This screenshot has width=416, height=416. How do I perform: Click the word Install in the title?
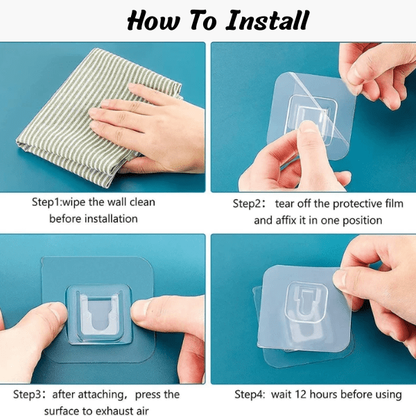pyautogui.click(x=268, y=20)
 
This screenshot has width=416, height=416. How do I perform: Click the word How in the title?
pyautogui.click(x=153, y=20)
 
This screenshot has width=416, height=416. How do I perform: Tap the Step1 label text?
pyautogui.click(x=46, y=202)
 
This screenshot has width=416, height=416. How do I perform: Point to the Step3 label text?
pyautogui.click(x=26, y=395)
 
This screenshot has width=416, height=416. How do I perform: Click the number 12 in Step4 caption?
pyautogui.click(x=300, y=395)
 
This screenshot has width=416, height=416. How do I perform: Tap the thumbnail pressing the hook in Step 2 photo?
pyautogui.click(x=308, y=127)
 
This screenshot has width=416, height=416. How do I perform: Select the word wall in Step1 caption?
pyautogui.click(x=118, y=202)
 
